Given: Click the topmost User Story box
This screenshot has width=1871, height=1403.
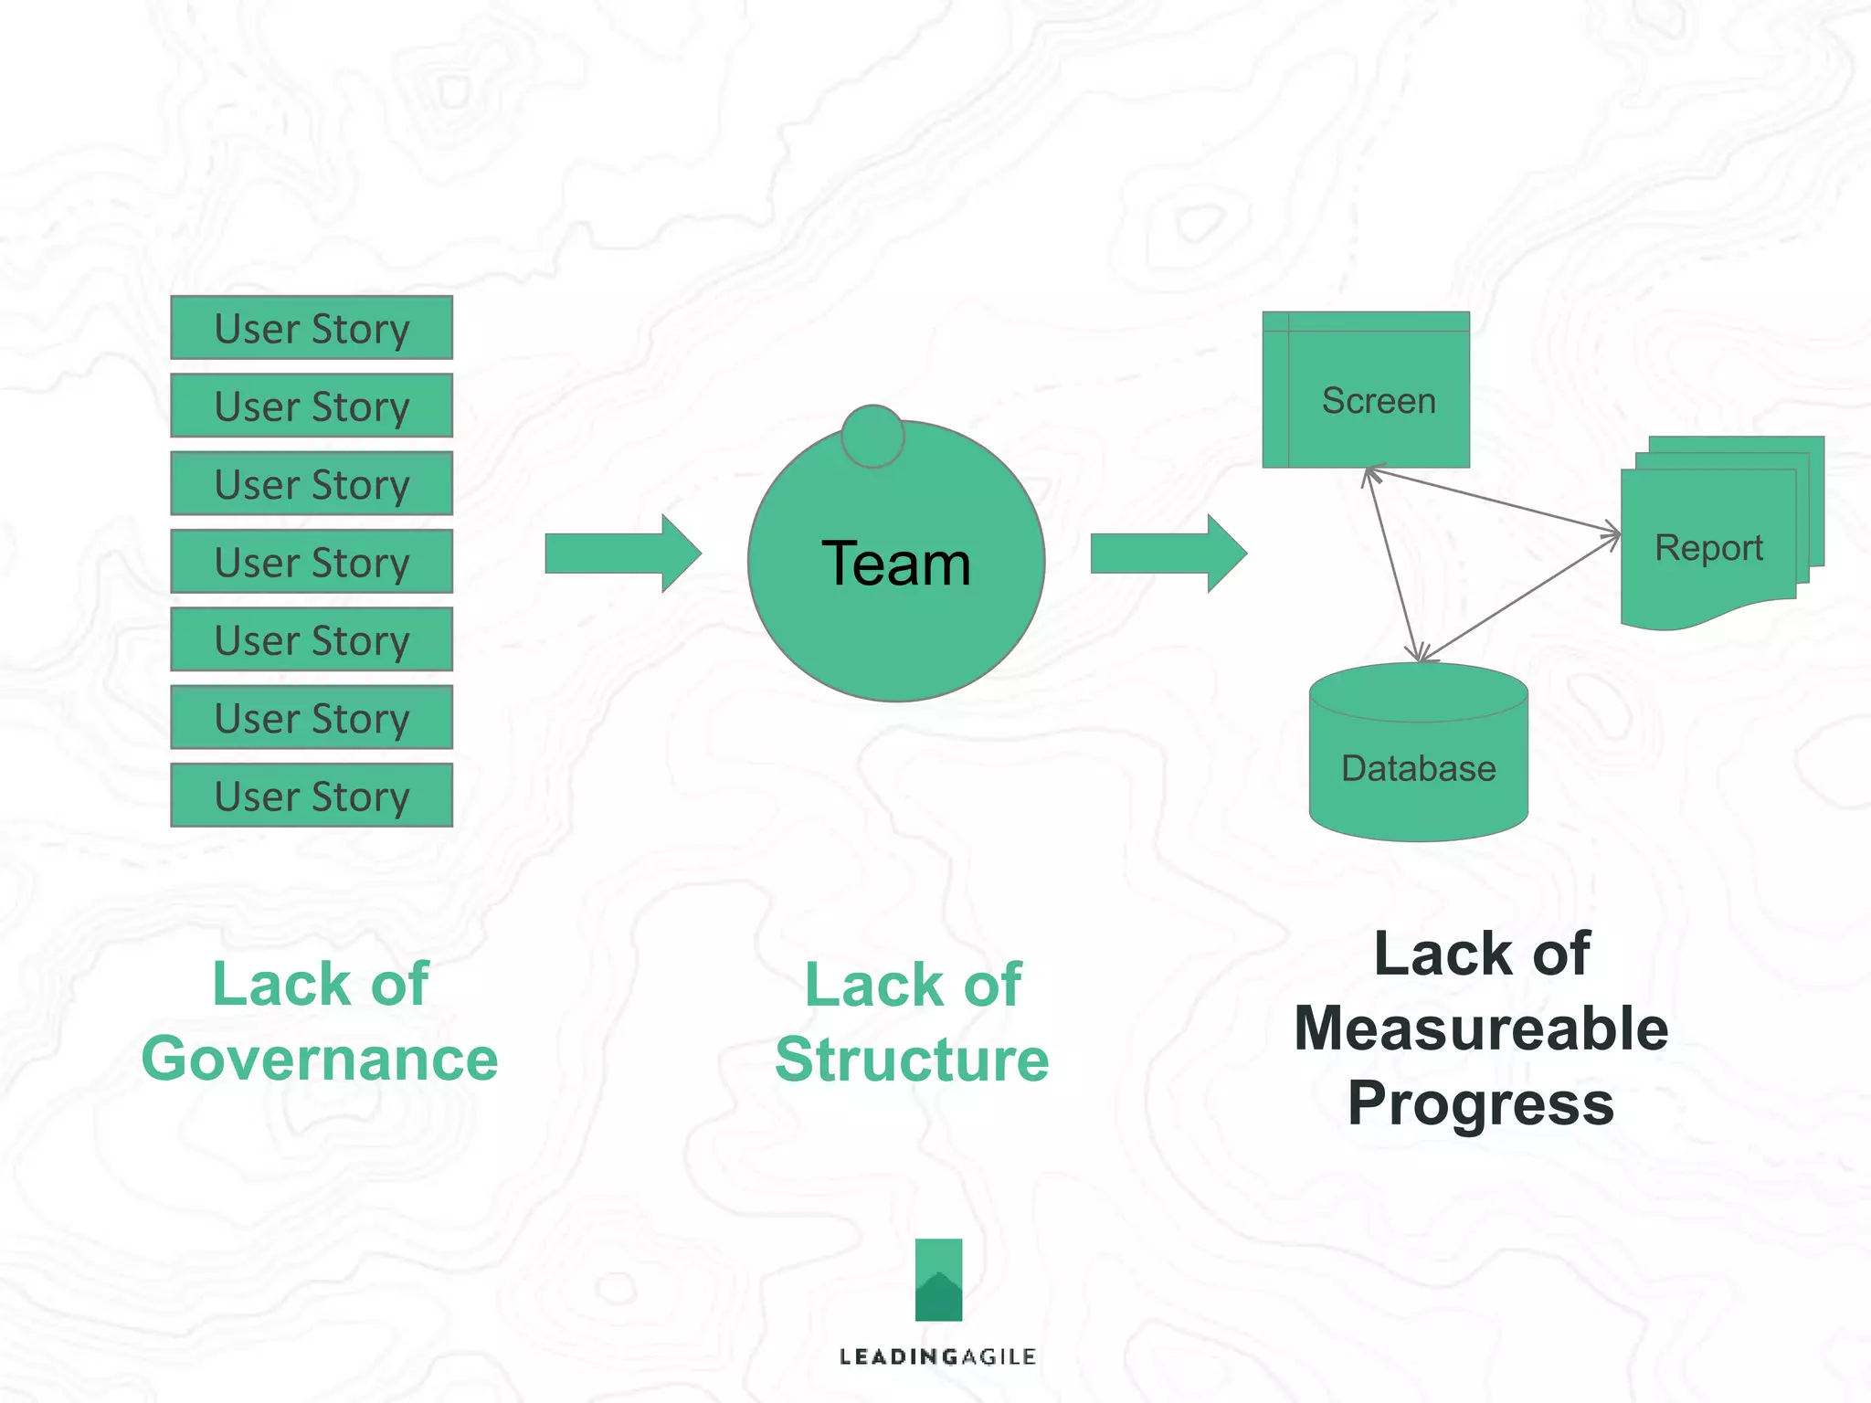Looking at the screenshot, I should pos(312,327).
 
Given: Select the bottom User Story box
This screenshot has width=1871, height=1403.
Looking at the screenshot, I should pos(312,795).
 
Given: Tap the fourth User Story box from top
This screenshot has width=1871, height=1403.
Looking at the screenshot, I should pos(312,561).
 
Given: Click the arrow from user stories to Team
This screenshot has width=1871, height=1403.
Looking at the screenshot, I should pos(622,554).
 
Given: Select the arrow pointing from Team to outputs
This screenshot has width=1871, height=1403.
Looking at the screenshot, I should pos(1168,554).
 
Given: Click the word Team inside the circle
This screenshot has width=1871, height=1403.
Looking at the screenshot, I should pos(895,564).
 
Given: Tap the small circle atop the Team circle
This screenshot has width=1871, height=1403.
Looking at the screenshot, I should pos(872,437).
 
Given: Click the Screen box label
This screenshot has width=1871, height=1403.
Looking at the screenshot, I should pos(1378,401).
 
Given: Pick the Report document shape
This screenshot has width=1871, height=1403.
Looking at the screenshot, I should pos(1708,548).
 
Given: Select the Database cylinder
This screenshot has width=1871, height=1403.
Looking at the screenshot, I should pos(1418,758).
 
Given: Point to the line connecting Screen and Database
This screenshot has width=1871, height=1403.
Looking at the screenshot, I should pos(1392,564).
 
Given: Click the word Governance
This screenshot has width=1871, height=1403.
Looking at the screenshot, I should pos(320,1059).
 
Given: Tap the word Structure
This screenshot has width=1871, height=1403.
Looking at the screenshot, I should pos(912,1060).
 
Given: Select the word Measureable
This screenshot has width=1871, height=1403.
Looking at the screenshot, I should pos(1481,1029).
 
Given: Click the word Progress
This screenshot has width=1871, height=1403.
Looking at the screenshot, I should pos(1481,1103).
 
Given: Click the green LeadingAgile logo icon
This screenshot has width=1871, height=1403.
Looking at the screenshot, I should pos(938,1279).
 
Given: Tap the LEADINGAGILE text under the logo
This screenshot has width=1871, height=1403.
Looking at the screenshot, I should pos(937,1356).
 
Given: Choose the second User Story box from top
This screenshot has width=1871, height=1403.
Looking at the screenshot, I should pos(312,406).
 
